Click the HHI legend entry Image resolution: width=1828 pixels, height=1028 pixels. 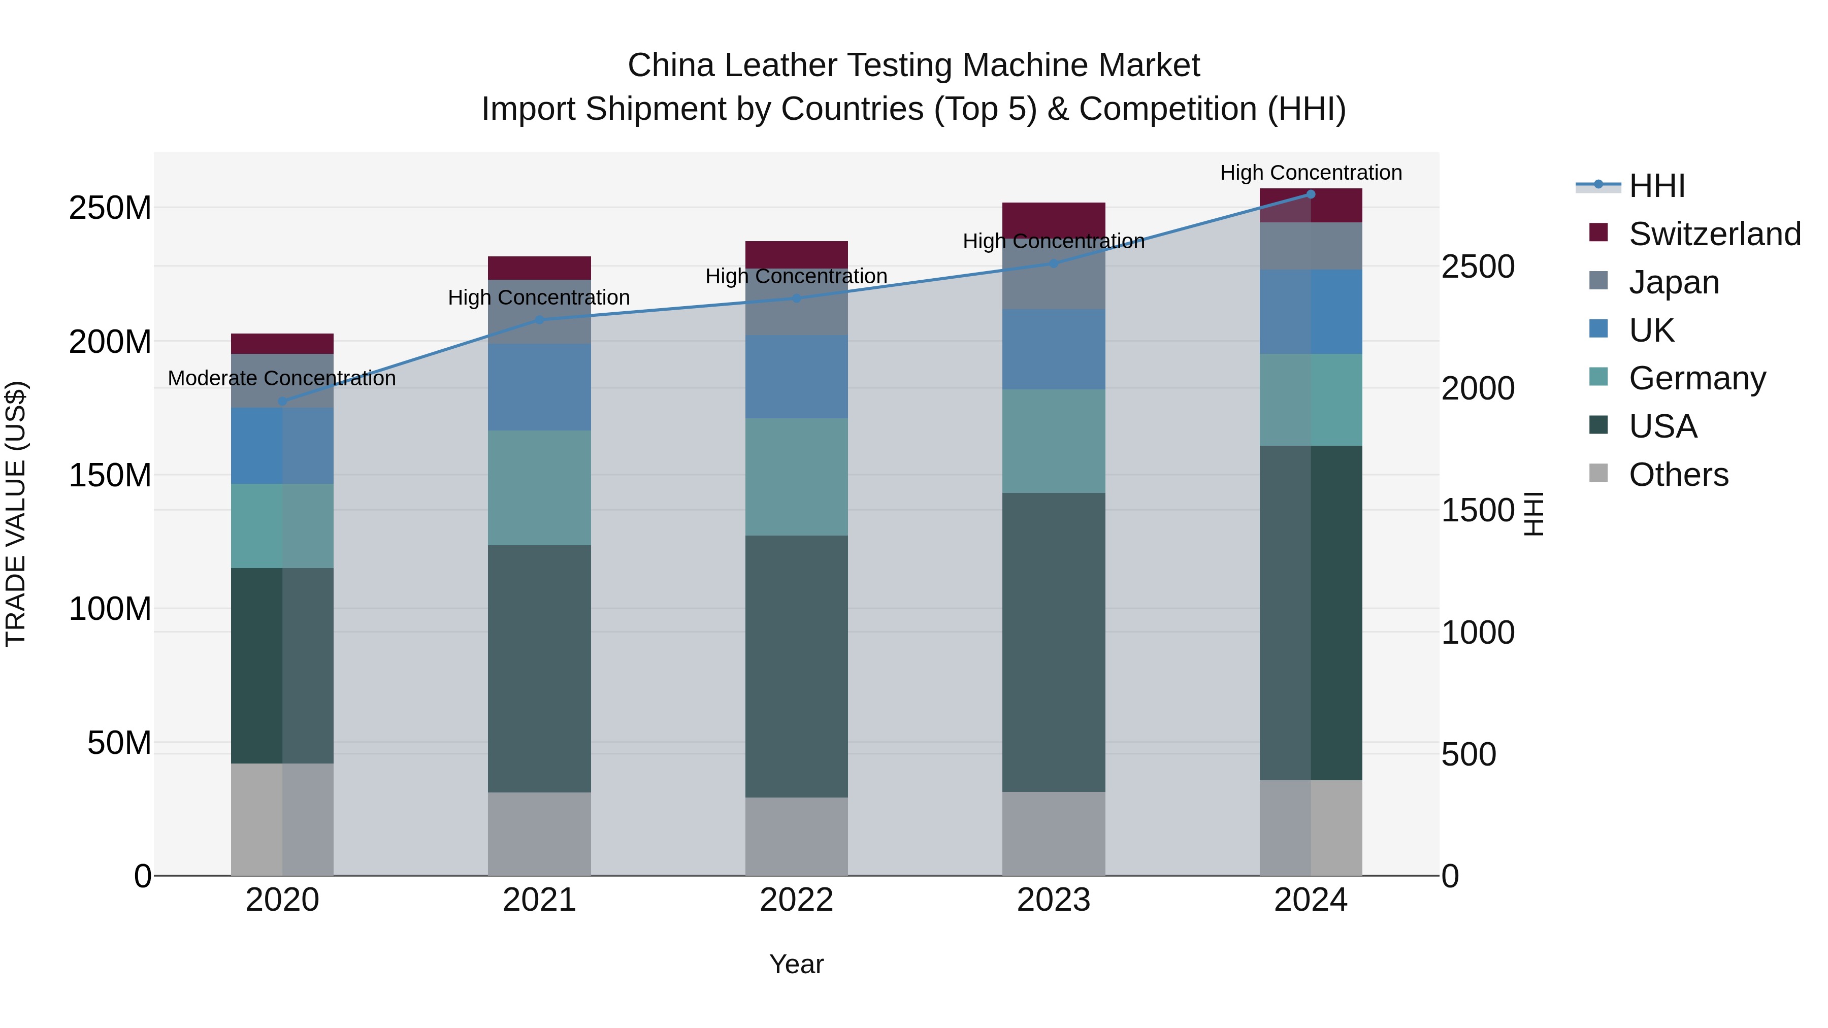[1656, 186]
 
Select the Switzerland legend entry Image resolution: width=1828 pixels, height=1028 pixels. [1714, 234]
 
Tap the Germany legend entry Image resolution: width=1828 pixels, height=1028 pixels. [1696, 378]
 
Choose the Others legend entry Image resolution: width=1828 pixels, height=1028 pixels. [1678, 475]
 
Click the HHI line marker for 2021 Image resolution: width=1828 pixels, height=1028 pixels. [539, 320]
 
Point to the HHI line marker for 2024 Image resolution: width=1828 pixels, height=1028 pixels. [1311, 194]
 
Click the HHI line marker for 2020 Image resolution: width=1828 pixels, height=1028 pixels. [282, 402]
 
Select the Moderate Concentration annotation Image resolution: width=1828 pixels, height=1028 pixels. [282, 379]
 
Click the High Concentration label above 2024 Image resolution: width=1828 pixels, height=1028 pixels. [1311, 173]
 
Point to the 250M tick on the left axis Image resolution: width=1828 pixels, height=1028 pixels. [110, 209]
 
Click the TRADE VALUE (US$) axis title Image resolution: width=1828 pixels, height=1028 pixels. [16, 514]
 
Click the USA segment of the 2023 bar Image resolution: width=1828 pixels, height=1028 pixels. [1054, 642]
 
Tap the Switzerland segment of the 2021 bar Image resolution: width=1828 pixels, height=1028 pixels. [539, 268]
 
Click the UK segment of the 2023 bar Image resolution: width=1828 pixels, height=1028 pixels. [1054, 349]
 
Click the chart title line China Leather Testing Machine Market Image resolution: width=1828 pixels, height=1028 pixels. [913, 66]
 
